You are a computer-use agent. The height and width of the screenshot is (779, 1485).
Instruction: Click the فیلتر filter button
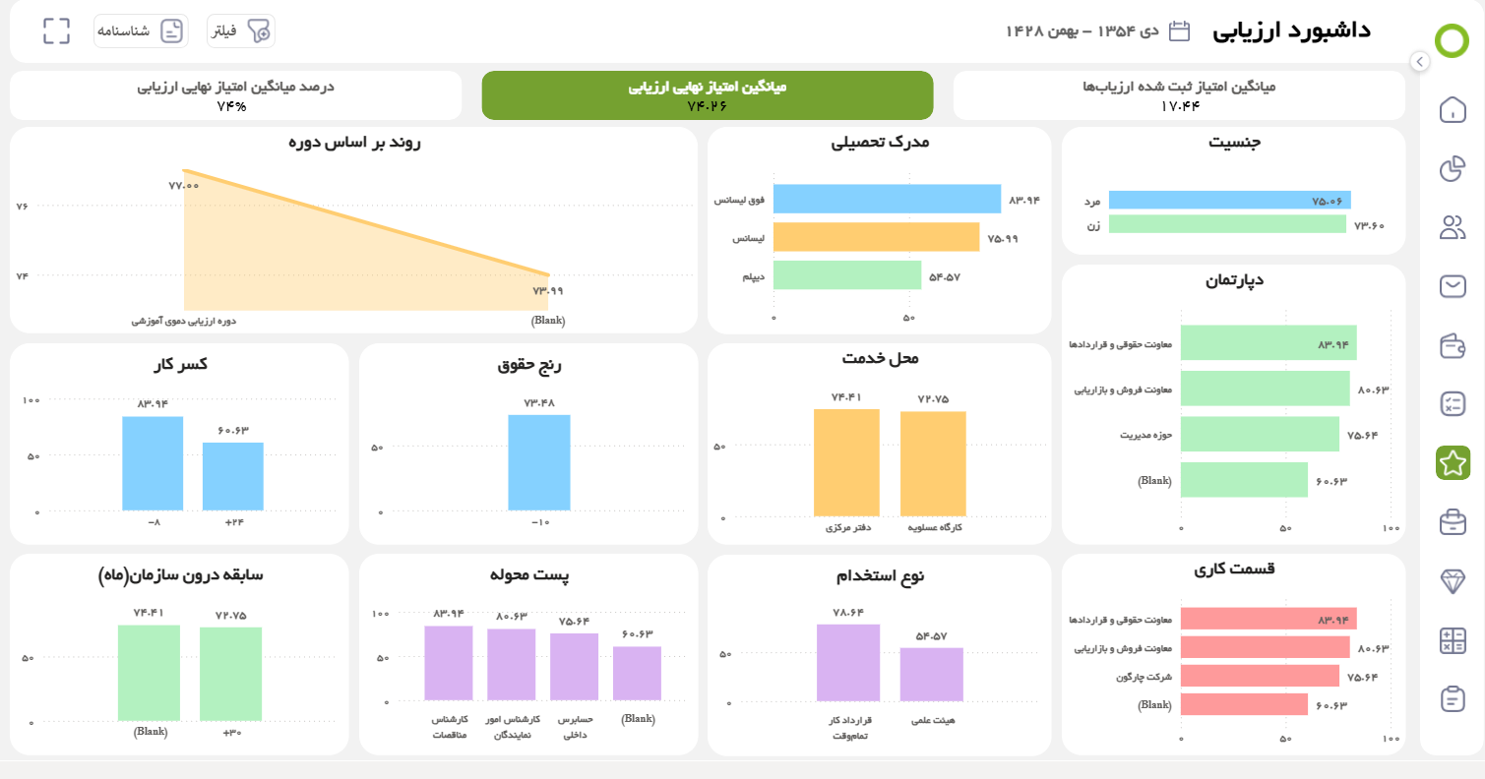pyautogui.click(x=240, y=31)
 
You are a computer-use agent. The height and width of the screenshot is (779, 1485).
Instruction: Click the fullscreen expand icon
pyautogui.click(x=57, y=30)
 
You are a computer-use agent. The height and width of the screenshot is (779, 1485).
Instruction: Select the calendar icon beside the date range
pyautogui.click(x=1179, y=30)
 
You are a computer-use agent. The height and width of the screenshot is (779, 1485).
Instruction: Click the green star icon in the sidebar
pyautogui.click(x=1452, y=462)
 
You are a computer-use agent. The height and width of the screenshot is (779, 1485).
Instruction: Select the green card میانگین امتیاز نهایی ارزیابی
pyautogui.click(x=707, y=95)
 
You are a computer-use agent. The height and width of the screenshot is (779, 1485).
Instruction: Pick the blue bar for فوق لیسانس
pyautogui.click(x=886, y=199)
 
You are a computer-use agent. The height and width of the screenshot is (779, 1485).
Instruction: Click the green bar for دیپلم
pyautogui.click(x=846, y=275)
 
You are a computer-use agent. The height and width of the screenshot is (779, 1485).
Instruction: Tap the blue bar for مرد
pyautogui.click(x=1229, y=200)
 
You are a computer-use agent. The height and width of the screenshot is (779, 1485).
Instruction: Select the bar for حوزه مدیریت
pyautogui.click(x=1260, y=434)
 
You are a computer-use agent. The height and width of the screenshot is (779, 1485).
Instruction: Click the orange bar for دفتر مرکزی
pyautogui.click(x=846, y=462)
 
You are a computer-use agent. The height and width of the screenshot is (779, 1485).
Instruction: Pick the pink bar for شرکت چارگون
pyautogui.click(x=1260, y=676)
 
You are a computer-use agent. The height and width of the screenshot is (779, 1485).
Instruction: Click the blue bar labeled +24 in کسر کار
pyautogui.click(x=233, y=476)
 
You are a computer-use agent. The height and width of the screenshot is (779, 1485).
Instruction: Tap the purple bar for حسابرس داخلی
pyautogui.click(x=574, y=666)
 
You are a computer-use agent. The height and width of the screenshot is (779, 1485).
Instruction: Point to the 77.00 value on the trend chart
pyautogui.click(x=183, y=186)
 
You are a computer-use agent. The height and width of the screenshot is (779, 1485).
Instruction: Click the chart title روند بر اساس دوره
pyautogui.click(x=354, y=143)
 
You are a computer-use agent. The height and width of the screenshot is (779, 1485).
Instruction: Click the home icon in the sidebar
pyautogui.click(x=1452, y=109)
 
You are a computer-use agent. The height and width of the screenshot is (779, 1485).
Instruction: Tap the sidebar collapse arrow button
pyautogui.click(x=1418, y=61)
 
